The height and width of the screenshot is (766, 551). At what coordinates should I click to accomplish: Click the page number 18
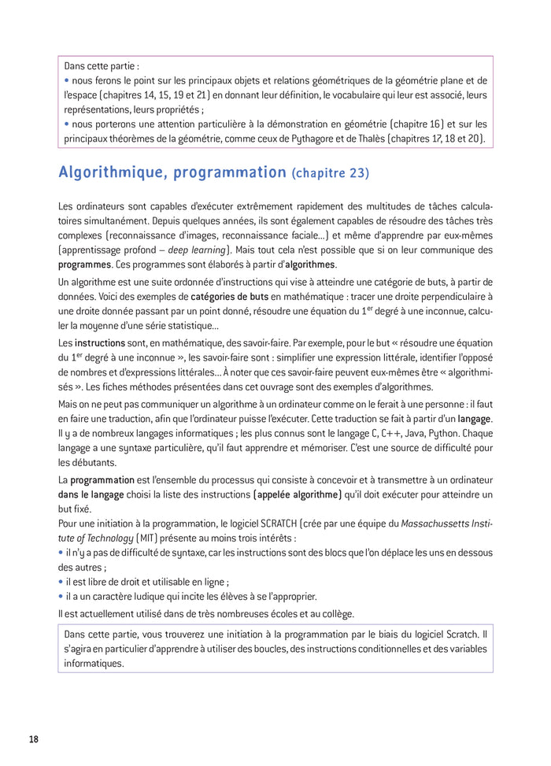click(33, 739)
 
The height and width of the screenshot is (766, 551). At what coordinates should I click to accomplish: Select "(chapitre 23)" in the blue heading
click(330, 172)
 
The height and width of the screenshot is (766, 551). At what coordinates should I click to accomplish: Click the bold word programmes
click(84, 265)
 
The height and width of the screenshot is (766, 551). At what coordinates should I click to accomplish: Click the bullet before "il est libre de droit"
click(61, 583)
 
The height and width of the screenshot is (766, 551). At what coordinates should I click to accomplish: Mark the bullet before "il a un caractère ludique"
click(61, 598)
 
